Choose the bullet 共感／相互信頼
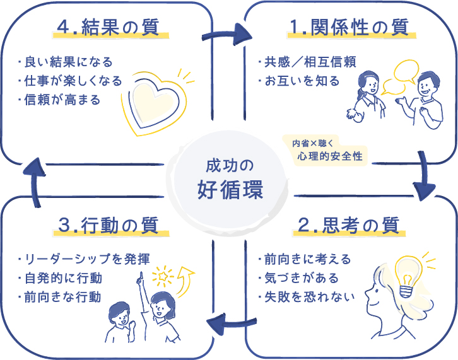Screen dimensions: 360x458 click(x=307, y=62)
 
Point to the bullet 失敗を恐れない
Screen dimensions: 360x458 click(x=307, y=296)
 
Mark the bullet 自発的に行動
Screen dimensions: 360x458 click(x=66, y=278)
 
